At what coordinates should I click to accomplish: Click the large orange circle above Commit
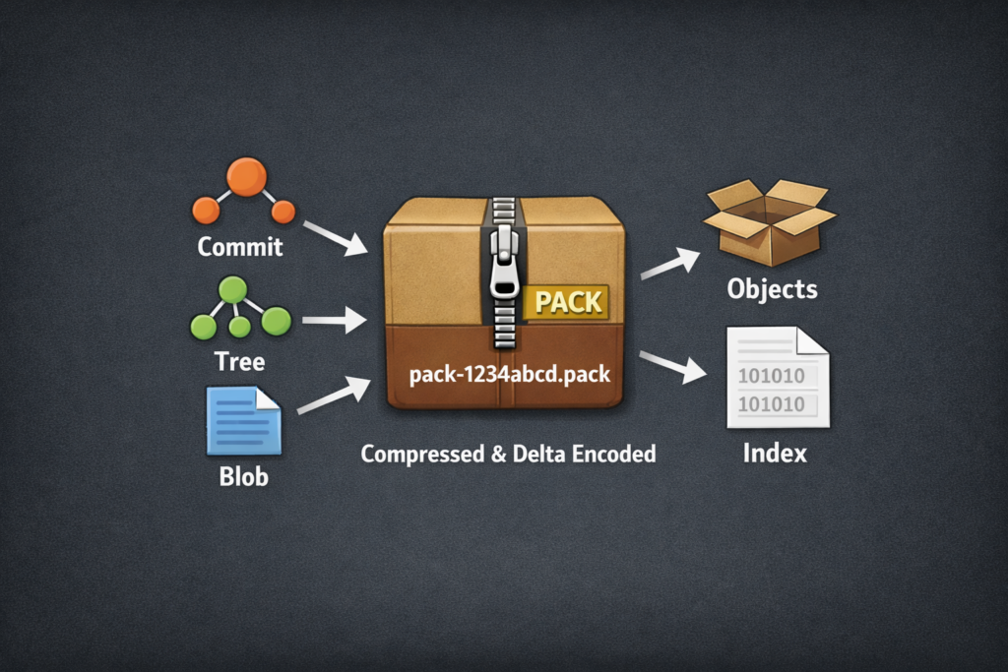coord(246,177)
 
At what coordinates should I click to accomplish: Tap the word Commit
coord(240,246)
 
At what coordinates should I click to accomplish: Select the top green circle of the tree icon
coord(232,288)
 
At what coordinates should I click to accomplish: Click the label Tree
coord(240,361)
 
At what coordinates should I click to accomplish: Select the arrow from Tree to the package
coord(335,320)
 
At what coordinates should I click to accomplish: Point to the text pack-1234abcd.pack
coord(509,375)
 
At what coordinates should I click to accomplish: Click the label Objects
coord(772,288)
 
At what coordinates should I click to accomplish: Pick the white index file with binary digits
coord(777,378)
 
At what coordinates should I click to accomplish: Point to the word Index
coord(775,454)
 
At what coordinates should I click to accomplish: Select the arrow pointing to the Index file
coord(674,365)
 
